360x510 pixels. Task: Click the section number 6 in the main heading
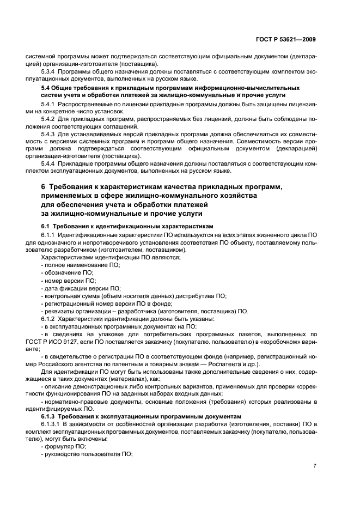(x=44, y=187)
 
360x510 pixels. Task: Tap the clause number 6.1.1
(x=51, y=235)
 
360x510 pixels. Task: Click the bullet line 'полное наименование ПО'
(x=81, y=264)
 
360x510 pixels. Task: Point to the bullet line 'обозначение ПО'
(x=68, y=272)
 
